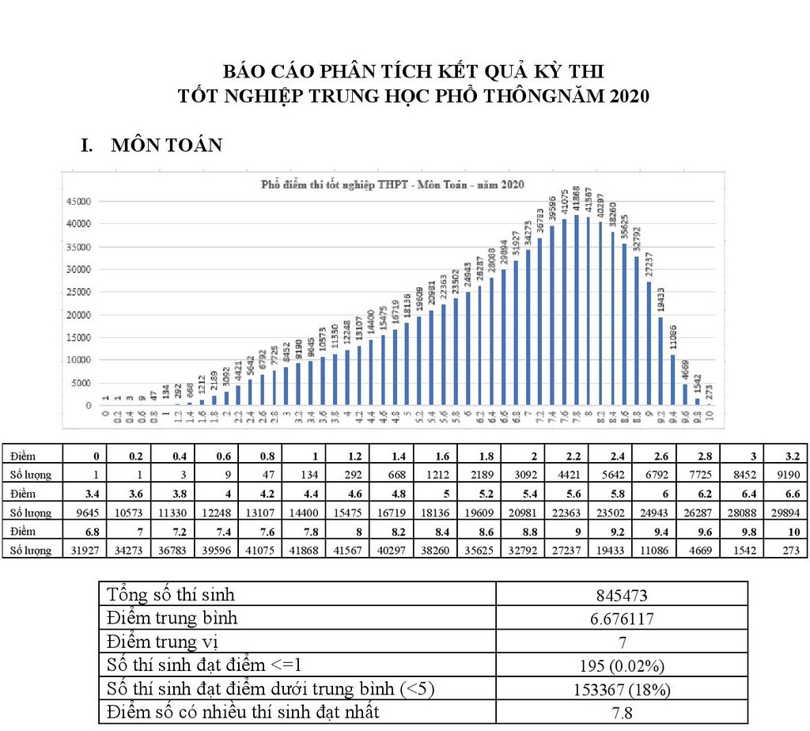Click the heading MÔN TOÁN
click(x=166, y=146)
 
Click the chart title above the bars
click(x=393, y=184)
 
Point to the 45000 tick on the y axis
click(x=78, y=201)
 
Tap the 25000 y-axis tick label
click(x=78, y=292)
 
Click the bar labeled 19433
click(x=660, y=361)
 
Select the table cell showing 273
click(x=788, y=549)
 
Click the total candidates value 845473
click(x=621, y=595)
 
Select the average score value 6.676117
click(x=621, y=619)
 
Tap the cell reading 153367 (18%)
click(x=621, y=689)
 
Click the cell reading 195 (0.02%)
click(x=621, y=665)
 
